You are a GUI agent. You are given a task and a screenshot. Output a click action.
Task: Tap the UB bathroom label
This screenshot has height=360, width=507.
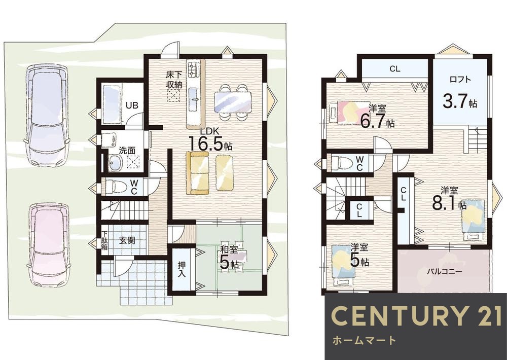(132, 105)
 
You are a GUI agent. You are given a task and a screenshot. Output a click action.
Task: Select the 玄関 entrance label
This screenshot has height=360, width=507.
(127, 240)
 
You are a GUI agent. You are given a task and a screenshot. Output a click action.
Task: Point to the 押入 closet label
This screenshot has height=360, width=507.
(182, 269)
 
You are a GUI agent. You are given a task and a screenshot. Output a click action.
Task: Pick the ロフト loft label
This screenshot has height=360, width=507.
(460, 79)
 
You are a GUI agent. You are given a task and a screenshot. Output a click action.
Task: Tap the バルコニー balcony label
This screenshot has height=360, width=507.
(445, 271)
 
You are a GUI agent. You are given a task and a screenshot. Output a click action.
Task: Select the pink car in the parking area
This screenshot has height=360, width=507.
(49, 245)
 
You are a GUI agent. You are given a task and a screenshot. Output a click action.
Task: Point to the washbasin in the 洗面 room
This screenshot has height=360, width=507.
(114, 161)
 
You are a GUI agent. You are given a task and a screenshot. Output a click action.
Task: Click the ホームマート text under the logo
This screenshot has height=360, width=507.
(364, 340)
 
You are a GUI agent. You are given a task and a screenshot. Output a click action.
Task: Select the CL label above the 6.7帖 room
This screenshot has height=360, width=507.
(395, 68)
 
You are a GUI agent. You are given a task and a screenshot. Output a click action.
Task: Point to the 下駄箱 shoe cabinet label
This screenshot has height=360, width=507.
(105, 241)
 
